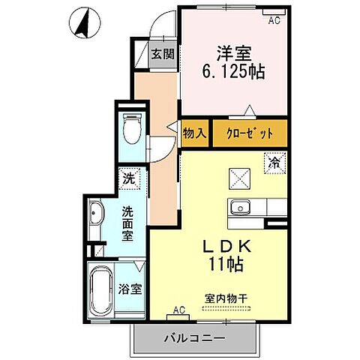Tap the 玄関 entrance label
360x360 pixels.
click(x=162, y=54)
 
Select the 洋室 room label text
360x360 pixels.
click(x=235, y=54)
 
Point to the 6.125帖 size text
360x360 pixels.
click(x=235, y=72)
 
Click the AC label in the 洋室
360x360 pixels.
click(x=274, y=21)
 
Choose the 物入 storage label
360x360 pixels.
click(x=195, y=133)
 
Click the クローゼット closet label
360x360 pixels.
click(x=250, y=133)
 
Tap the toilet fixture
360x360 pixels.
click(x=132, y=129)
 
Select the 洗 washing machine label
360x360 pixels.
click(x=130, y=179)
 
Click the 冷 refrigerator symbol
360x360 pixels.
click(x=274, y=162)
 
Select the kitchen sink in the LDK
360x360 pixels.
click(x=241, y=208)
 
